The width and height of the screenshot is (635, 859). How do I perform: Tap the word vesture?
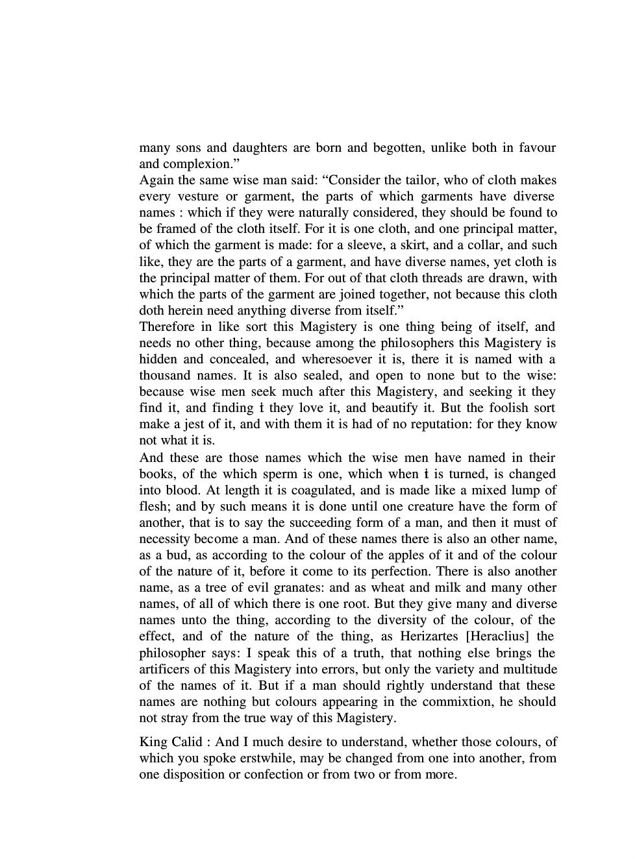click(194, 197)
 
